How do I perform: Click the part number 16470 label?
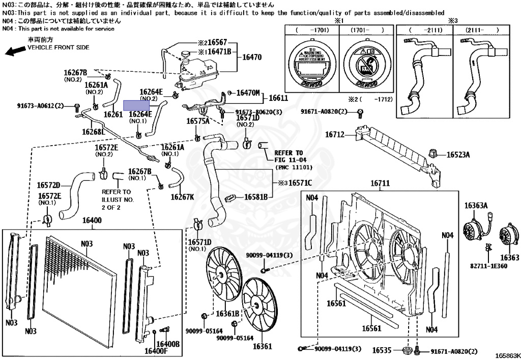(x=252, y=58)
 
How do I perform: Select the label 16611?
(x=278, y=98)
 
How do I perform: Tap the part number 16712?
(x=335, y=135)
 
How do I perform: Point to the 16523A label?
(x=458, y=154)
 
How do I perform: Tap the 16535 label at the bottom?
(x=381, y=350)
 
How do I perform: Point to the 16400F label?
(x=156, y=351)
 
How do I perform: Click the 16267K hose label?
(x=182, y=197)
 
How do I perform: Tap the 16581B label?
(x=256, y=197)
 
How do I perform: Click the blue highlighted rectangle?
(x=137, y=105)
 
